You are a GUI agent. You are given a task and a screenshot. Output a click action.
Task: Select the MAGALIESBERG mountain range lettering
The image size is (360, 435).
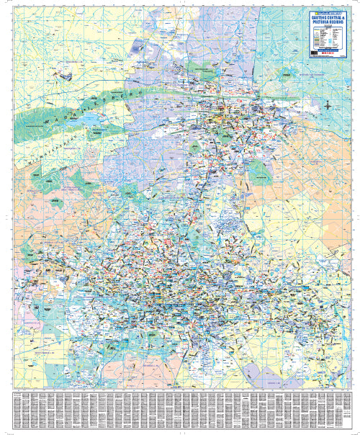pyautogui.click(x=79, y=119)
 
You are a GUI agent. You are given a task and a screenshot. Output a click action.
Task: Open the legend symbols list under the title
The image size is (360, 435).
pyautogui.click(x=328, y=37)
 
